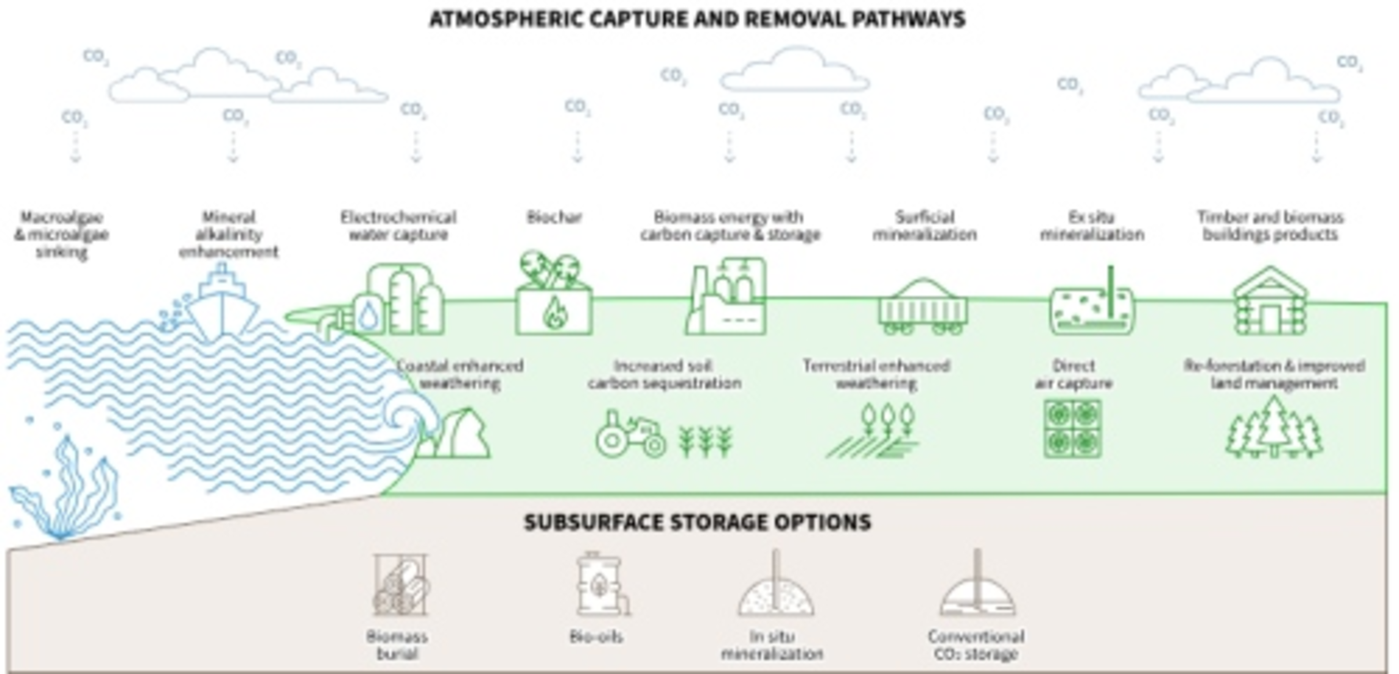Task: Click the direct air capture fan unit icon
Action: click(1072, 429)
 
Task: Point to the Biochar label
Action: click(554, 217)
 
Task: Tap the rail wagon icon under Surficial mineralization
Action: click(923, 308)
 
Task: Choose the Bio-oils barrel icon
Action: click(599, 584)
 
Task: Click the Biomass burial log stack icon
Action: click(400, 586)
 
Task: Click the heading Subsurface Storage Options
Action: click(698, 522)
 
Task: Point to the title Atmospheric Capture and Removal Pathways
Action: click(697, 20)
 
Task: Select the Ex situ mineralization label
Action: click(1092, 226)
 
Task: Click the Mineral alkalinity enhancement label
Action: click(228, 234)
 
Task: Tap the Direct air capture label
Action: click(1073, 374)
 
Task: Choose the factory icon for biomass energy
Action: click(727, 298)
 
